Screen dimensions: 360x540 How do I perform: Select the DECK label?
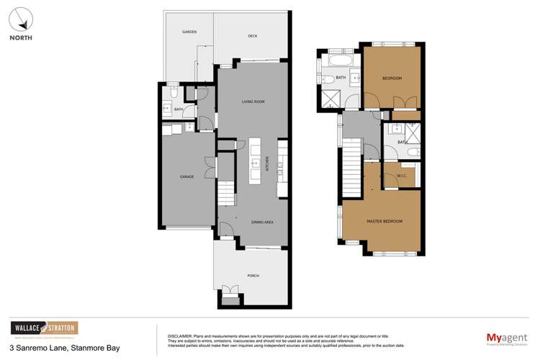tap(253, 35)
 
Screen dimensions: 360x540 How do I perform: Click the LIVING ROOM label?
tap(253, 102)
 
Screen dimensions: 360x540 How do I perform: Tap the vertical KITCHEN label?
tap(268, 163)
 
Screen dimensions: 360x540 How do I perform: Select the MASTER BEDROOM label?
tap(384, 220)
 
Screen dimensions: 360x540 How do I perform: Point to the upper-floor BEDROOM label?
tap(391, 78)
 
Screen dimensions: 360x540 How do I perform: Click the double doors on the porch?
tap(230, 289)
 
